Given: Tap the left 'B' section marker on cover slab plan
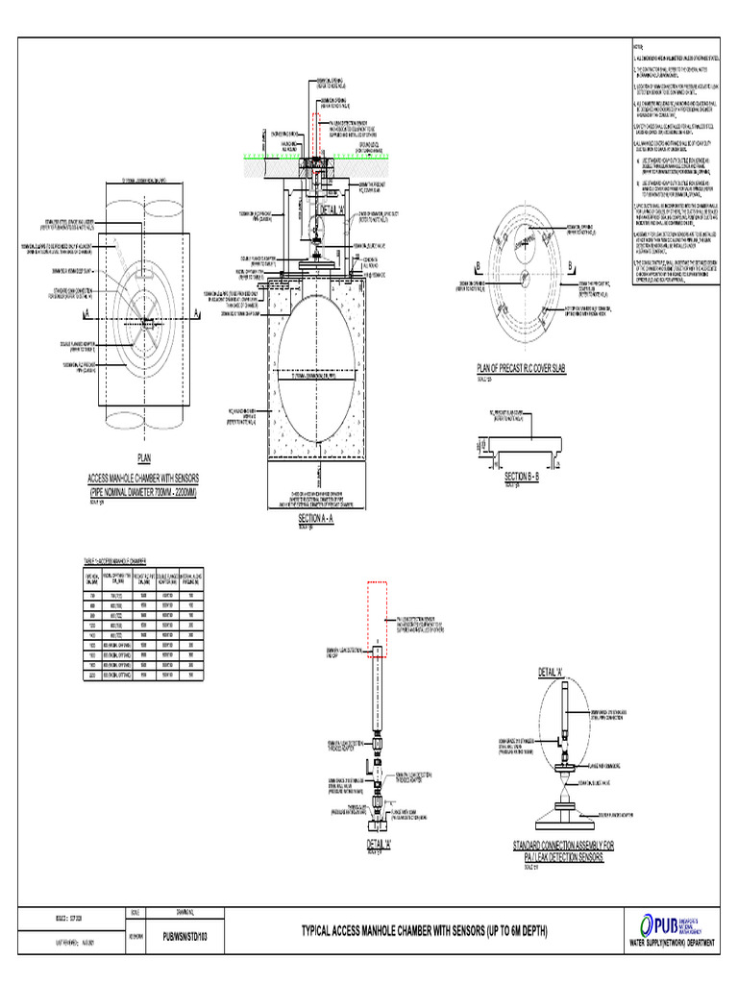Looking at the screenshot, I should (x=478, y=265).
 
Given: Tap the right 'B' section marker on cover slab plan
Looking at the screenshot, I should (x=570, y=265).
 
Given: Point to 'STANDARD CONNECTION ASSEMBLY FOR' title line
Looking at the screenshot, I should (x=563, y=845).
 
